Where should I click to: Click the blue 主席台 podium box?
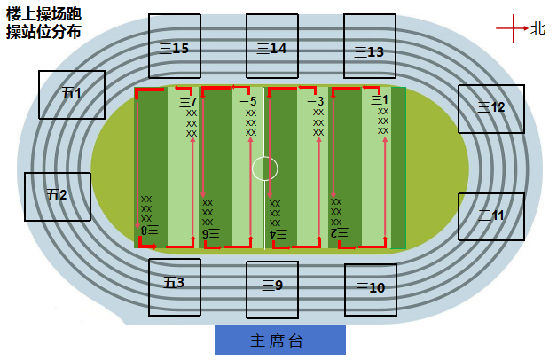click(280, 340)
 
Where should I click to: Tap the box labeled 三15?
click(175, 46)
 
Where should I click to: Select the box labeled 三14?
click(272, 46)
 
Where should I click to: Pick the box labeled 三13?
click(370, 46)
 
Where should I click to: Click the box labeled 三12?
click(491, 109)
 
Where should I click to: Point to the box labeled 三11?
click(491, 216)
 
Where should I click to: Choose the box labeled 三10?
click(371, 290)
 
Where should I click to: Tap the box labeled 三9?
click(272, 290)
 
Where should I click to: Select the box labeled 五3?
click(175, 287)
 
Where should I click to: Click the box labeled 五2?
click(58, 197)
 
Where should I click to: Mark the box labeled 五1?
click(72, 95)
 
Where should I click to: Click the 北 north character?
click(537, 28)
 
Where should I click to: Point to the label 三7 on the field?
click(188, 102)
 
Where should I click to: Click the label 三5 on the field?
click(247, 102)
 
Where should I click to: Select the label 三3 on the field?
click(315, 102)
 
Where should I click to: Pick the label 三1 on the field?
click(380, 100)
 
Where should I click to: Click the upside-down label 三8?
click(150, 230)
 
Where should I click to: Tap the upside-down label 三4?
click(278, 234)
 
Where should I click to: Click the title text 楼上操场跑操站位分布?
click(43, 23)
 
